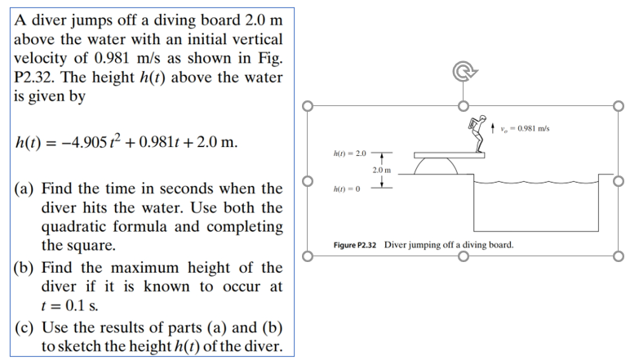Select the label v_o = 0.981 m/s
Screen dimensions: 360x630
[x=526, y=128]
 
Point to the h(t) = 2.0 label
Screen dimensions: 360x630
[x=351, y=153]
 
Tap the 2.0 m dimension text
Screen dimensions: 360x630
[x=383, y=170]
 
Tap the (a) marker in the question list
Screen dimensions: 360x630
[x=24, y=189]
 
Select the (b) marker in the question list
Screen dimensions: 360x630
[x=24, y=268]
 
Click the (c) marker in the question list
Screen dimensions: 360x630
[x=24, y=328]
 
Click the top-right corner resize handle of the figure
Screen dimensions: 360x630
[x=619, y=105]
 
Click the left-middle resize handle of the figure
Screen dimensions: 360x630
[x=307, y=181]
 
